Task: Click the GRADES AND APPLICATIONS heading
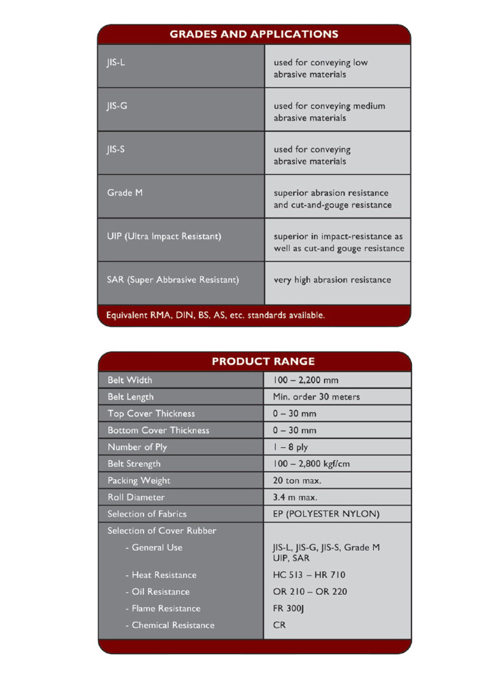click(x=254, y=34)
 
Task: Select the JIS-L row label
click(x=116, y=63)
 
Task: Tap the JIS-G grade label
click(x=117, y=106)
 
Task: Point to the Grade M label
click(x=125, y=193)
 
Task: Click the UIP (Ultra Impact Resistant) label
click(x=164, y=236)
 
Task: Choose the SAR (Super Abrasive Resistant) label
click(x=173, y=280)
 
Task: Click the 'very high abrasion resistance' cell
click(x=332, y=280)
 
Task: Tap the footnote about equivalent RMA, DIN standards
click(x=216, y=315)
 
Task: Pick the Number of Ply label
click(x=137, y=447)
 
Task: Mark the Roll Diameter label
click(x=136, y=498)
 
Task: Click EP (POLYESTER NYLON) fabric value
click(x=326, y=514)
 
